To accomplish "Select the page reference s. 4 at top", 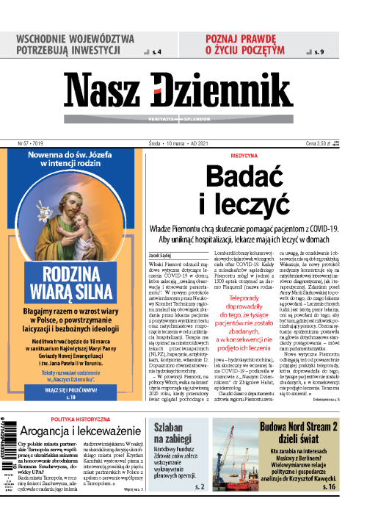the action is point(157,51).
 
